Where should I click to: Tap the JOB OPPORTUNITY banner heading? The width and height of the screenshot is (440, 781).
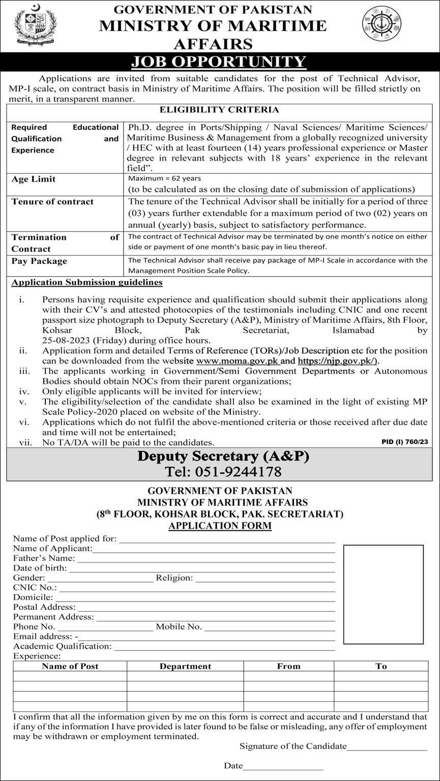pyautogui.click(x=219, y=62)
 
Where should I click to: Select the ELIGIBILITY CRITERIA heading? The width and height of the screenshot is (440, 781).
pyautogui.click(x=219, y=110)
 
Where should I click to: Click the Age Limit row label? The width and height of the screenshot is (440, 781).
pyautogui.click(x=34, y=179)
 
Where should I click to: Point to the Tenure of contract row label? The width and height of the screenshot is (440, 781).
pyautogui.click(x=52, y=202)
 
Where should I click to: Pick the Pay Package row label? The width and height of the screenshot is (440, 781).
pyautogui.click(x=39, y=261)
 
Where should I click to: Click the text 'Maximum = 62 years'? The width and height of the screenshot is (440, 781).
pyautogui.click(x=164, y=178)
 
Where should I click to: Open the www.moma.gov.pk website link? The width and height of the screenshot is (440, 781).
pyautogui.click(x=238, y=361)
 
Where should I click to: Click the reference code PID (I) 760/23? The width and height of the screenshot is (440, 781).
pyautogui.click(x=404, y=442)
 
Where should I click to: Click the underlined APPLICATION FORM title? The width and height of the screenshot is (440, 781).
pyautogui.click(x=220, y=526)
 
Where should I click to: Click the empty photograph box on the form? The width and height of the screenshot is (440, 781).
pyautogui.click(x=383, y=594)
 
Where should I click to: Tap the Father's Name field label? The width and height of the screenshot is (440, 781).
pyautogui.click(x=44, y=558)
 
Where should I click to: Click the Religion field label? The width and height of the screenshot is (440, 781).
pyautogui.click(x=174, y=578)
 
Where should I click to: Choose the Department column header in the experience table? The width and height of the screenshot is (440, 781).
pyautogui.click(x=185, y=666)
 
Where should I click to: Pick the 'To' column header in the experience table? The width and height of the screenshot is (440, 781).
pyautogui.click(x=381, y=666)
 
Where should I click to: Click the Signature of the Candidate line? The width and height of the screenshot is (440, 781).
pyautogui.click(x=387, y=746)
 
